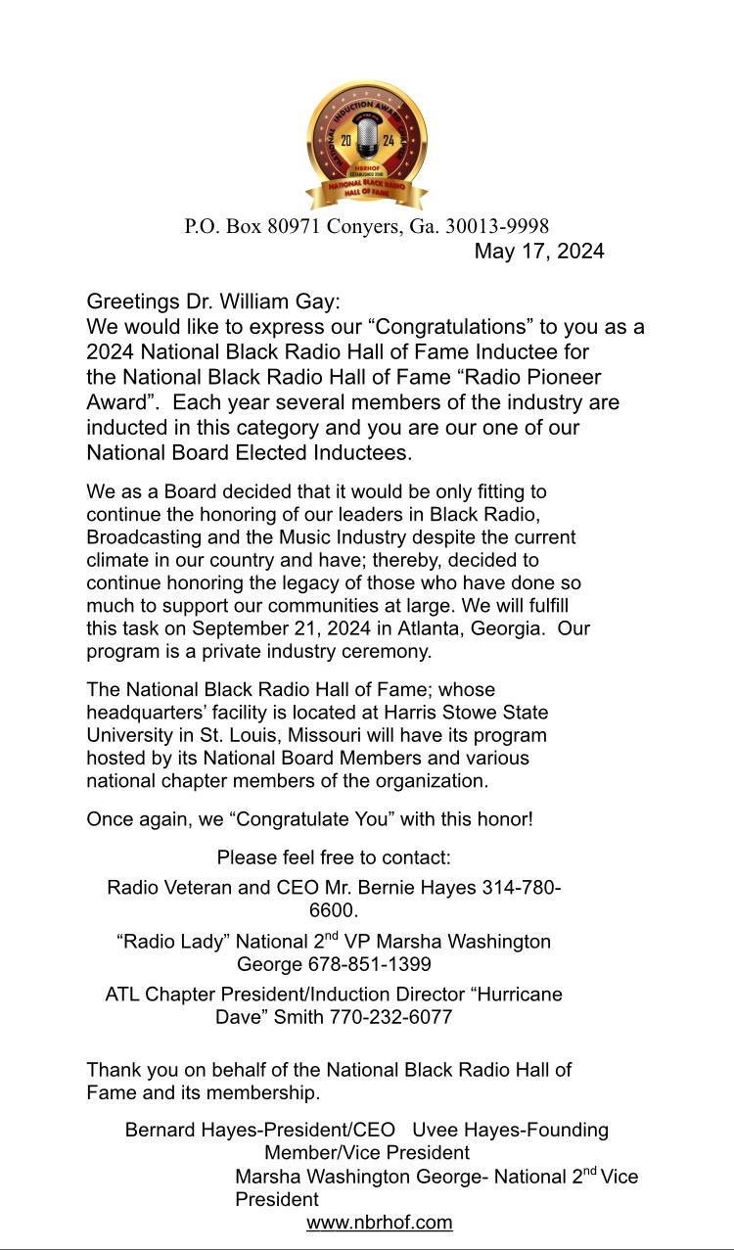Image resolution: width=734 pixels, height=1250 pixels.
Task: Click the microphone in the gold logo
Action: pyautogui.click(x=366, y=138)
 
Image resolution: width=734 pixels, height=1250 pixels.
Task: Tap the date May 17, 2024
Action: pyautogui.click(x=538, y=252)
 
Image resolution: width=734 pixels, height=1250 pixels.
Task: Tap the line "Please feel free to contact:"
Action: pyautogui.click(x=334, y=858)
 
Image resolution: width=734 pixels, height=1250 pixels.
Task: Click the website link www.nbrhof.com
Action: pyautogui.click(x=380, y=1223)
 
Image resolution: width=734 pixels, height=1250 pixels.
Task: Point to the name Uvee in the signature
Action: pyautogui.click(x=435, y=1131)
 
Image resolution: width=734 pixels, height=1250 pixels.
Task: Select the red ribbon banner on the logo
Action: pyautogui.click(x=366, y=190)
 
